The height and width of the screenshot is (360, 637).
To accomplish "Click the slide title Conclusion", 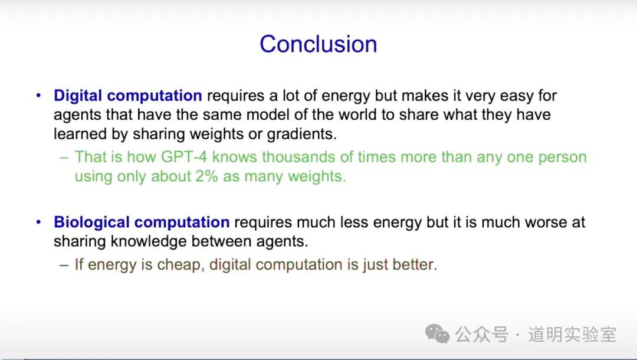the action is [x=318, y=44].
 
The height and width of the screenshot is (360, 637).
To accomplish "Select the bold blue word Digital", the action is [x=78, y=96].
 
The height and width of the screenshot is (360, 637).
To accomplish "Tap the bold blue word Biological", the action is [x=91, y=222].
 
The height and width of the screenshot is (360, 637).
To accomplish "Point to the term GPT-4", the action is [x=184, y=157].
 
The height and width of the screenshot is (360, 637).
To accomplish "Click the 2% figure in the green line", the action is [x=206, y=176].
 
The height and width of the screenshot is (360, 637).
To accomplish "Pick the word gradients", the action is [x=302, y=135].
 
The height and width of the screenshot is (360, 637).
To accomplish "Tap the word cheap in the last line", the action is [x=180, y=265].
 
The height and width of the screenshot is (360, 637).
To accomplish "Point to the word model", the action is [x=268, y=115].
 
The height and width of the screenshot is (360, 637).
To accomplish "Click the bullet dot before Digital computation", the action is [x=38, y=96].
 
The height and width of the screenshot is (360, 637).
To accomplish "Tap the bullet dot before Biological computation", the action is [x=38, y=222].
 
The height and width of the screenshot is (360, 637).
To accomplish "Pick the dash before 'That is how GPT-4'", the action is [x=64, y=158].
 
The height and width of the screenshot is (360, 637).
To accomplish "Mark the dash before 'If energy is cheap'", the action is [x=64, y=266].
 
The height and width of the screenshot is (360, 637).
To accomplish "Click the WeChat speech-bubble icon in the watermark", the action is [x=437, y=334].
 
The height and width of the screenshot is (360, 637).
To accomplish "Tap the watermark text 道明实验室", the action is [x=572, y=335].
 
